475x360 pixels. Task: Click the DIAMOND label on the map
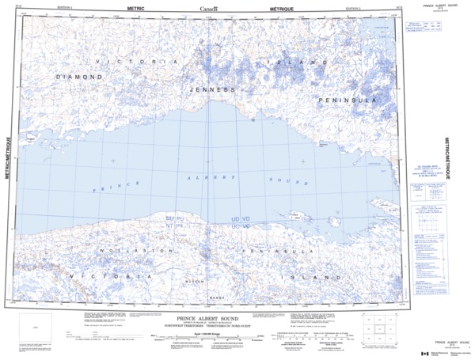tap(79, 77)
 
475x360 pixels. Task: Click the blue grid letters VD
tap(246, 218)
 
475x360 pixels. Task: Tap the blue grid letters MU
tap(169, 218)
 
